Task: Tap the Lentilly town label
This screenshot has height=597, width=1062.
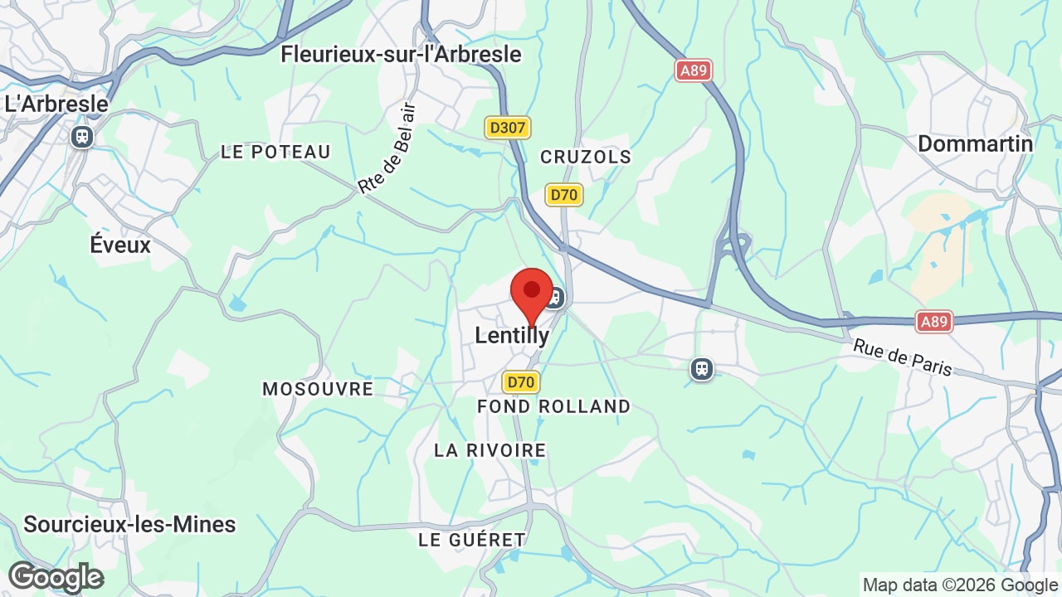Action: (512, 335)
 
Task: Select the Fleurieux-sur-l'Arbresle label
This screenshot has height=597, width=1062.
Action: (401, 55)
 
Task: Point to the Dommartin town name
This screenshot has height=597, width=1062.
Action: (975, 143)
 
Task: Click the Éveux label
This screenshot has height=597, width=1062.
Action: (120, 245)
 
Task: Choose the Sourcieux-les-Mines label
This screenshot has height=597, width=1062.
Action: (129, 524)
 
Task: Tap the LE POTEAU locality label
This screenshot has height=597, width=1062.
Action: (275, 152)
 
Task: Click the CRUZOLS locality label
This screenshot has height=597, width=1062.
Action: (586, 157)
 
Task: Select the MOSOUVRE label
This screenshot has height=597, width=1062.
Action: (318, 389)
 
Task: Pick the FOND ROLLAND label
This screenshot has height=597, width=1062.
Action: (553, 406)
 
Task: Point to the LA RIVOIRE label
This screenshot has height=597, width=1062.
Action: (490, 450)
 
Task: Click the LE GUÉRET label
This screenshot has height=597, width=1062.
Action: (472, 540)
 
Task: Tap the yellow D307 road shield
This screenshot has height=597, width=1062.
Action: (508, 128)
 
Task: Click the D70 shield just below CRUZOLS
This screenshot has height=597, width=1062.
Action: (564, 195)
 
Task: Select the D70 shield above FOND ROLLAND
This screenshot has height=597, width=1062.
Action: (521, 381)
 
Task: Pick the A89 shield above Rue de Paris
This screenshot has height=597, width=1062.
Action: (934, 321)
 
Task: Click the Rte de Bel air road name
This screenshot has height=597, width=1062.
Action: (387, 149)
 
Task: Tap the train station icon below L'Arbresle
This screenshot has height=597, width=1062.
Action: (82, 136)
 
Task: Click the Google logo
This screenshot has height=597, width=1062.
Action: (56, 577)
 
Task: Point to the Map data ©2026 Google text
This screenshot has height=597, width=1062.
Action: (958, 585)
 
